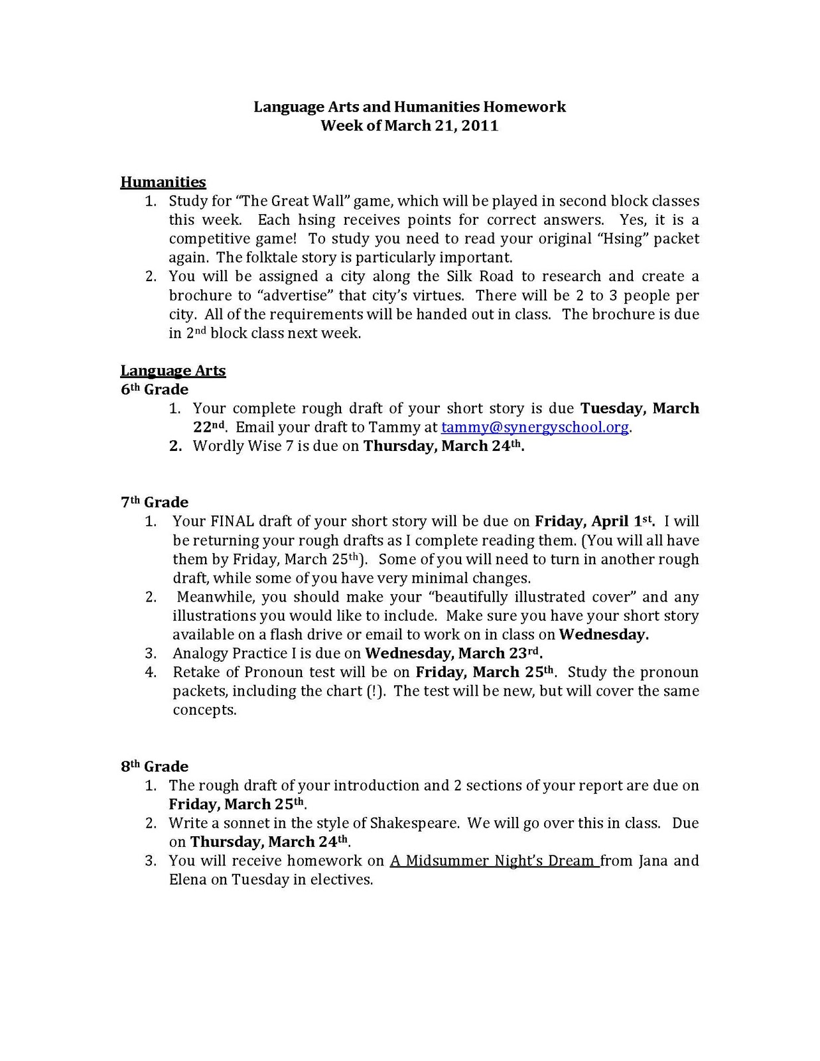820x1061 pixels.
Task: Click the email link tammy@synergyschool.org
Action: tap(535, 427)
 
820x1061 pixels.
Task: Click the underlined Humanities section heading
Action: tap(163, 182)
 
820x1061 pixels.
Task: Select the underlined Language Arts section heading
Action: tap(173, 371)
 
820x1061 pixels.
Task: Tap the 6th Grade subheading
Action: tap(155, 389)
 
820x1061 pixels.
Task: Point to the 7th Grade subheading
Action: tap(155, 502)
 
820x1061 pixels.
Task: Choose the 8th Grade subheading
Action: tap(155, 767)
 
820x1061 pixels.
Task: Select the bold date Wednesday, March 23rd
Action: tap(454, 653)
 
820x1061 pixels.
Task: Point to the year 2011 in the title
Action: tap(480, 125)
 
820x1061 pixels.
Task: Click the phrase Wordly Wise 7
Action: tap(243, 446)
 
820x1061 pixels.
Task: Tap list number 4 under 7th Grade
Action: tap(151, 672)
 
